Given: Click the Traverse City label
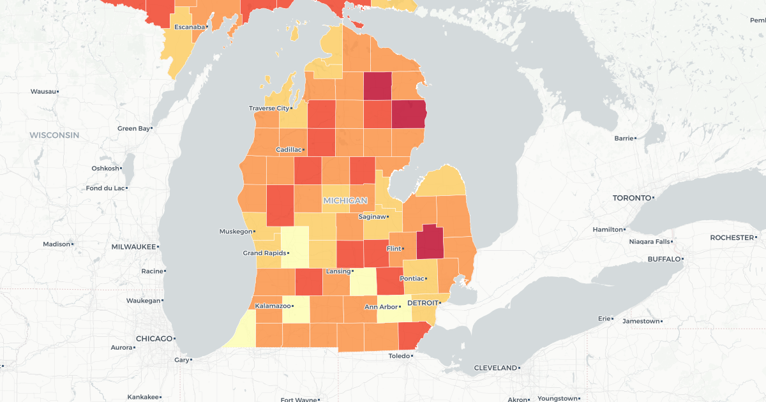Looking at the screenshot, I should pyautogui.click(x=269, y=108).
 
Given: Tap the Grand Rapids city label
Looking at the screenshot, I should pyautogui.click(x=261, y=253).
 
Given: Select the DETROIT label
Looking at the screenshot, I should pyautogui.click(x=423, y=302).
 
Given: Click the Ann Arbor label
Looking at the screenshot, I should pyautogui.click(x=380, y=307).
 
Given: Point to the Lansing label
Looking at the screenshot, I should pyautogui.click(x=338, y=271).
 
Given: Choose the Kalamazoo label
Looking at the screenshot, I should pyautogui.click(x=274, y=306).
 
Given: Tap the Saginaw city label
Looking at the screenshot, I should pyautogui.click(x=373, y=217).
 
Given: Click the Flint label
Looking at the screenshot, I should pyautogui.click(x=394, y=248).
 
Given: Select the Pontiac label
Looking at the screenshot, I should pyautogui.click(x=411, y=279).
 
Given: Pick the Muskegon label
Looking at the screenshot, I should pyautogui.click(x=236, y=232).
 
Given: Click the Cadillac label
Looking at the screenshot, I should pyautogui.click(x=289, y=149).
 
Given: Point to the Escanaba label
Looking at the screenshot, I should pyautogui.click(x=190, y=27).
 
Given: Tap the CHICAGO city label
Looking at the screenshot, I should pyautogui.click(x=154, y=338).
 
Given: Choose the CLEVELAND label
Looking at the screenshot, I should pyautogui.click(x=495, y=368).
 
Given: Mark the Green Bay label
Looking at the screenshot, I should pyautogui.click(x=133, y=128).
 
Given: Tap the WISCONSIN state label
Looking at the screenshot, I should pyautogui.click(x=54, y=135).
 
